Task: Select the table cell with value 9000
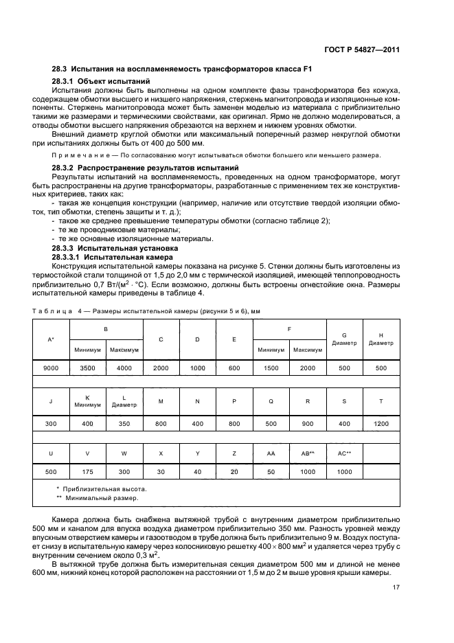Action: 51,368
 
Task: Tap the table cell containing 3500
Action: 87,368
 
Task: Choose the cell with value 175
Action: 87,473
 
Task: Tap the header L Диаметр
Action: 124,401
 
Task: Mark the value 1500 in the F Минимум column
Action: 271,368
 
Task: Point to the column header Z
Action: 234,454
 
